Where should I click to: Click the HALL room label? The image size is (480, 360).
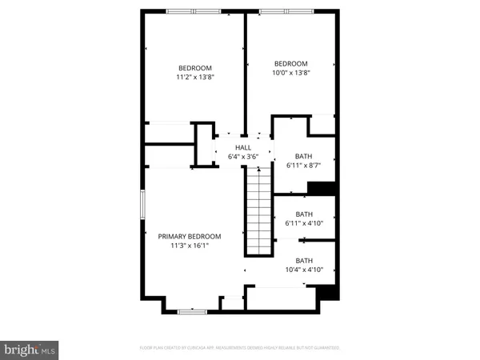click(243, 148)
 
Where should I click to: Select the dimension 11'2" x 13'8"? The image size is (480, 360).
click(195, 78)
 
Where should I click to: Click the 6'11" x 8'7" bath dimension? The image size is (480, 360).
click(303, 166)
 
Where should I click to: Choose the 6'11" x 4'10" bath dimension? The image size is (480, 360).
click(303, 223)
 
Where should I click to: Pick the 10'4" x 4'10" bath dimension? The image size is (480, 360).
click(304, 270)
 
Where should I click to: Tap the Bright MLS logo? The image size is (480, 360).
click(30, 350)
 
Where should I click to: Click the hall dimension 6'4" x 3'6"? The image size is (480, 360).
click(243, 157)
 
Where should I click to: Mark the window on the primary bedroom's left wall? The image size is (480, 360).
click(142, 215)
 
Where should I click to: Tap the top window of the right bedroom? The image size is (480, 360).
click(277, 11)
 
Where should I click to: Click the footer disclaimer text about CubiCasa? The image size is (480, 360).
click(240, 348)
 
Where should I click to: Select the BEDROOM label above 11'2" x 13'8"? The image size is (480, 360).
click(195, 68)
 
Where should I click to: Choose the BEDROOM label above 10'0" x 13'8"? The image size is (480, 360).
click(290, 63)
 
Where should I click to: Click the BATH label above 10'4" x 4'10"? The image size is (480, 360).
click(304, 260)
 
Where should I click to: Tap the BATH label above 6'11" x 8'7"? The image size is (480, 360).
click(303, 156)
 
